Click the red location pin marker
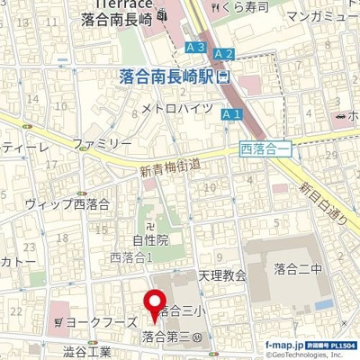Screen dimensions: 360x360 [x=155, y=306]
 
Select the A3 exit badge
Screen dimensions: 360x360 [x=195, y=47]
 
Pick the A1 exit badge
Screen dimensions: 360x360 [x=231, y=114]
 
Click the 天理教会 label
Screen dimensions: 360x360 [x=222, y=275]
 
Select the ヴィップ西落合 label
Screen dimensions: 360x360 [x=67, y=203]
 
